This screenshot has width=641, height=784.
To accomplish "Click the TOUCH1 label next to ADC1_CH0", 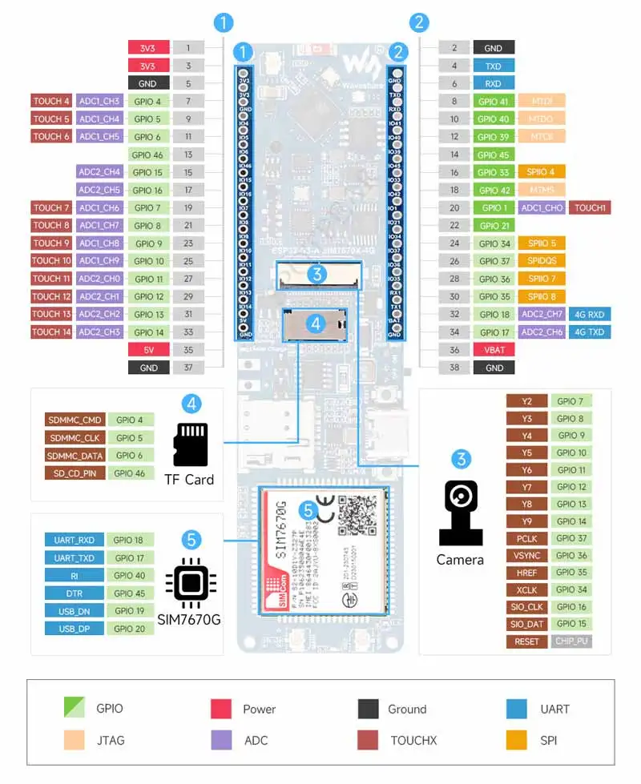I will tap(591, 207).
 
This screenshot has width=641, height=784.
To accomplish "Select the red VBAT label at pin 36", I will tap(494, 350).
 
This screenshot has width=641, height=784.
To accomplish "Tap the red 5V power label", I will tap(148, 350).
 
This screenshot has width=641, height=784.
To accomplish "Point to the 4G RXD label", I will tap(590, 314).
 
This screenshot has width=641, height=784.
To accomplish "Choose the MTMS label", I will tap(542, 190).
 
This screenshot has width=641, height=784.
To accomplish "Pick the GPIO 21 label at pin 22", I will tap(494, 226).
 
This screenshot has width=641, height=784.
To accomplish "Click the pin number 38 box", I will tap(454, 368).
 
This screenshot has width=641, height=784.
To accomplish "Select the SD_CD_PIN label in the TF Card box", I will tap(75, 473).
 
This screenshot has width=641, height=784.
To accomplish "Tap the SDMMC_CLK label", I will tap(75, 438).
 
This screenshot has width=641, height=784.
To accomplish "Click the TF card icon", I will tap(190, 444).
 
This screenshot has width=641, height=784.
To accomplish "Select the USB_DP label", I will tap(74, 629).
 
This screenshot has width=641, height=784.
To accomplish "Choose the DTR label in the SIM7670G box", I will tap(74, 593).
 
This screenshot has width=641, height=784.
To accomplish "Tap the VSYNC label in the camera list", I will tap(527, 556).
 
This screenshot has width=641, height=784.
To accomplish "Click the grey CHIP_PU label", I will tap(572, 641).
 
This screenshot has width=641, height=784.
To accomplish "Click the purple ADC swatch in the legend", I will tap(220, 740).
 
